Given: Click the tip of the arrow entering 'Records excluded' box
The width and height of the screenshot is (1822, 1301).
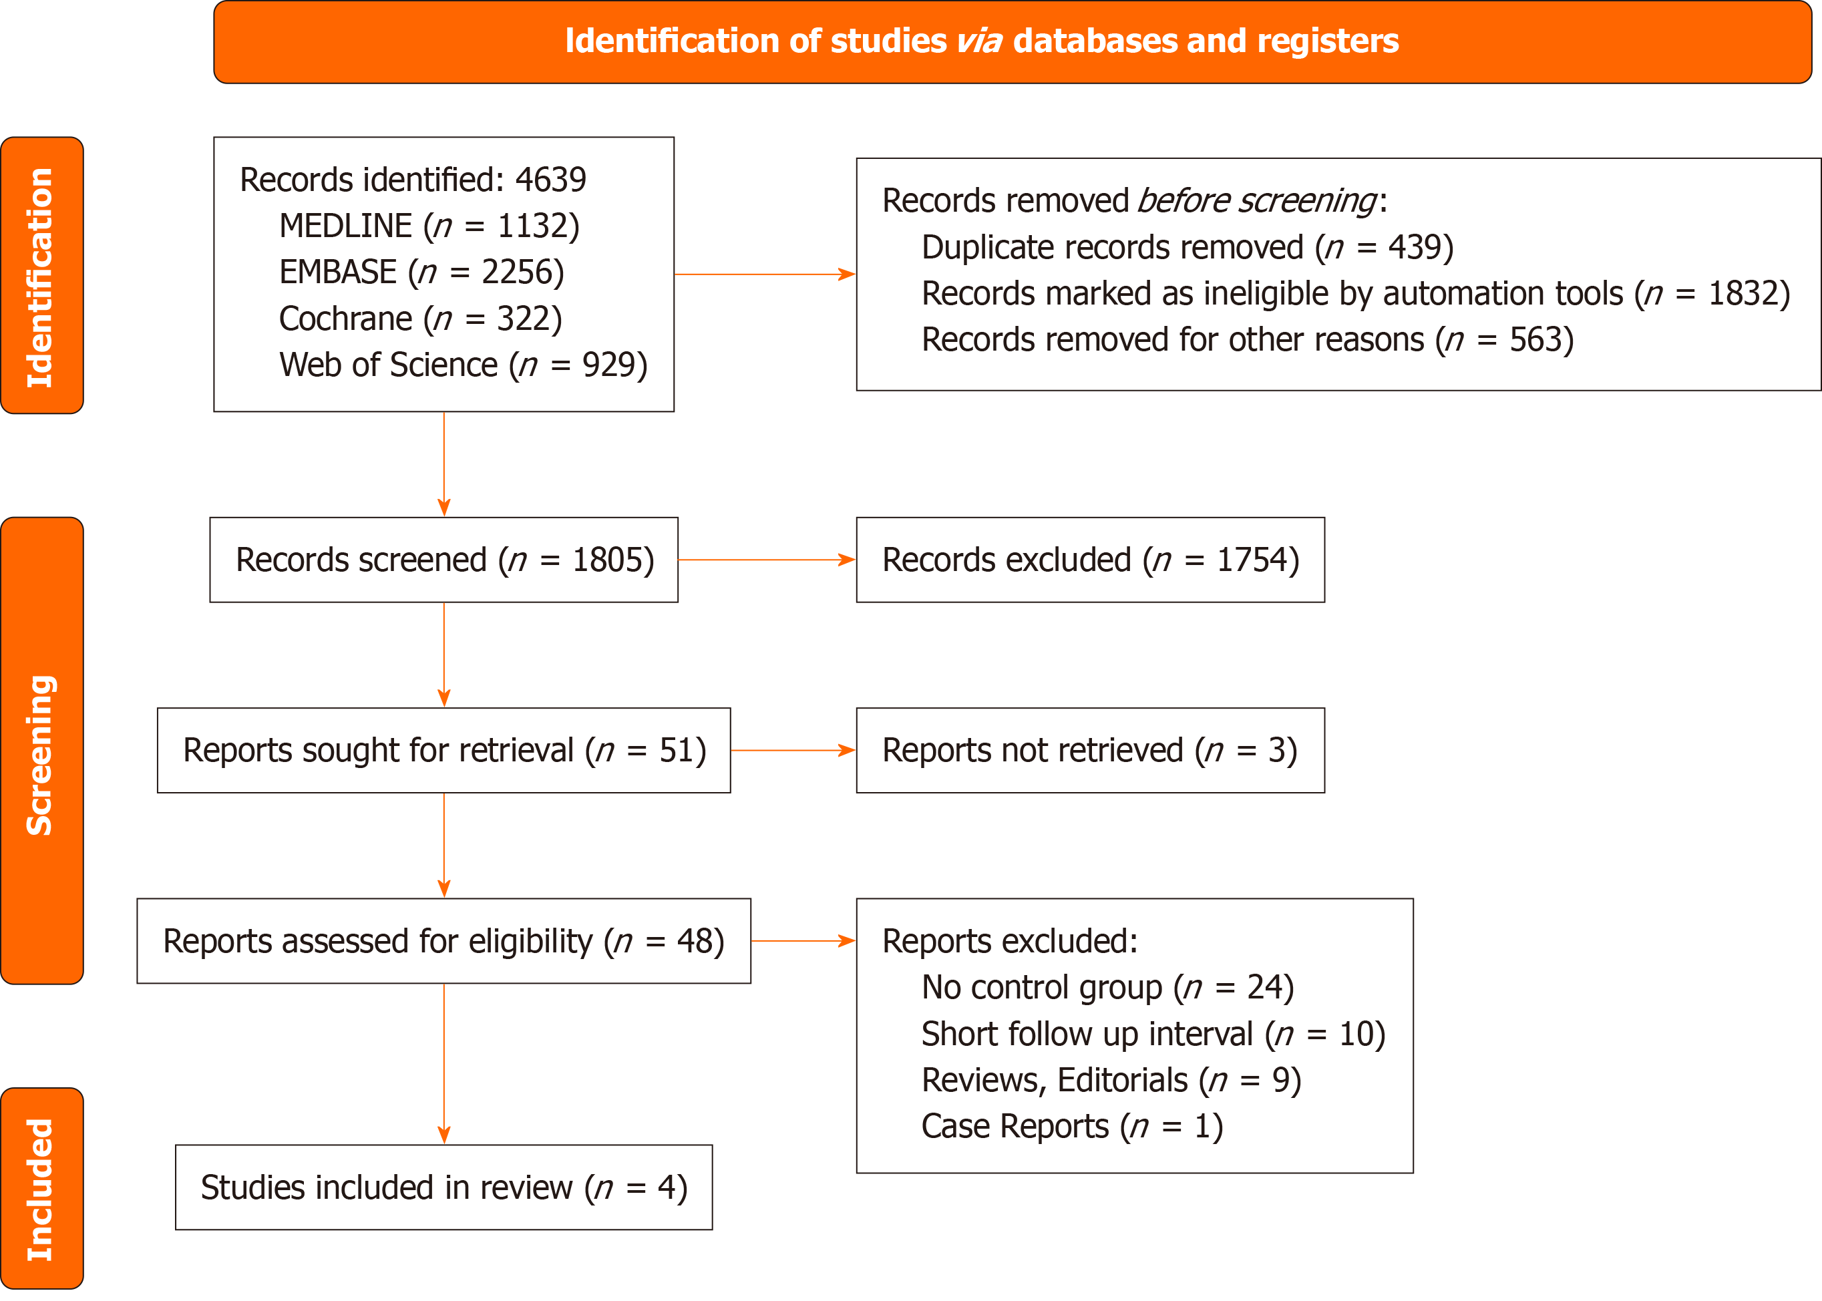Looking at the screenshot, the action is pyautogui.click(x=856, y=560).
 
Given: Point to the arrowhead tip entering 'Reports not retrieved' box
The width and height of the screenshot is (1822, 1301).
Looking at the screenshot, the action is pyautogui.click(x=856, y=751).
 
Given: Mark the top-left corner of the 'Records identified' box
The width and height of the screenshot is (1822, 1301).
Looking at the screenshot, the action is pyautogui.click(x=214, y=137).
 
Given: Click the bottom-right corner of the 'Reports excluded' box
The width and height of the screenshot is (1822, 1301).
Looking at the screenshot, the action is pyautogui.click(x=1413, y=1173).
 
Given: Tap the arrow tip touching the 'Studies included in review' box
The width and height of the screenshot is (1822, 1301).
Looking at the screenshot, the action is pyautogui.click(x=444, y=1144).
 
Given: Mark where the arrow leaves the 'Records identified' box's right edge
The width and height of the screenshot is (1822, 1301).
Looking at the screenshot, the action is pyautogui.click(x=675, y=274).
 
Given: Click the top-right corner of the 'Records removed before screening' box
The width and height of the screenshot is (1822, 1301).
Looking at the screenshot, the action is pyautogui.click(x=1821, y=159).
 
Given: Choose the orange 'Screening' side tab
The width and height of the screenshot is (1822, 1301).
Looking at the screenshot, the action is pyautogui.click(x=41, y=751).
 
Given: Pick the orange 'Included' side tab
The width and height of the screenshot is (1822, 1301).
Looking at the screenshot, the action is pyautogui.click(x=41, y=1188).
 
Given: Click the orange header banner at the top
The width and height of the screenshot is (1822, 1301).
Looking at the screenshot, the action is pyautogui.click(x=1013, y=41).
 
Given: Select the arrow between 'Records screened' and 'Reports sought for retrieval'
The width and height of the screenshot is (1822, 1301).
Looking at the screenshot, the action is pyautogui.click(x=444, y=655).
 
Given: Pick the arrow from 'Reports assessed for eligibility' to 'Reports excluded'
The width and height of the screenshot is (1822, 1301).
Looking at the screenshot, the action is pyautogui.click(x=803, y=941).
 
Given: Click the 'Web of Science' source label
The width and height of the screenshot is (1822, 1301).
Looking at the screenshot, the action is pyautogui.click(x=389, y=365).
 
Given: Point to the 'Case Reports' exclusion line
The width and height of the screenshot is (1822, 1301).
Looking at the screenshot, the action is pyautogui.click(x=1072, y=1127).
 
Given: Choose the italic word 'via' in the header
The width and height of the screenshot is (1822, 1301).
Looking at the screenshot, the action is pyautogui.click(x=979, y=41).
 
